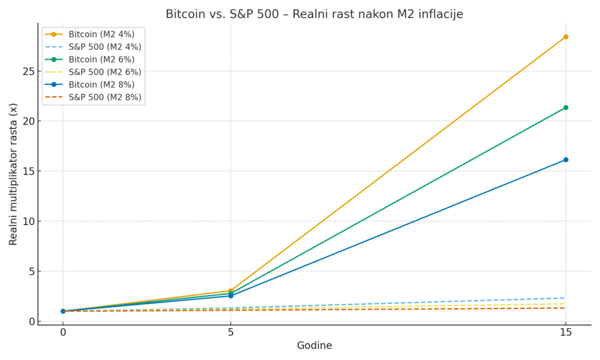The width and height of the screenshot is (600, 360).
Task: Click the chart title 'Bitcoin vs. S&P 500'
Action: pos(314,14)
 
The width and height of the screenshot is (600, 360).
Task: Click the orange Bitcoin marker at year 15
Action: pos(565,37)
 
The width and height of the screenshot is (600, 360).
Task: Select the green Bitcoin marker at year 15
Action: pos(565,108)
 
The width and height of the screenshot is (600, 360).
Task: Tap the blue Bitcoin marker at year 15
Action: pos(565,159)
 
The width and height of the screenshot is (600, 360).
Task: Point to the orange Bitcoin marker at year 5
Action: pos(231,291)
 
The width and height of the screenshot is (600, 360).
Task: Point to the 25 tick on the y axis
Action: pos(27,72)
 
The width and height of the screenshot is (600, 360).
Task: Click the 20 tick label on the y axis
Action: pos(27,121)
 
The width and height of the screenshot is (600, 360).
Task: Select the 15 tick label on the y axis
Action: pos(27,171)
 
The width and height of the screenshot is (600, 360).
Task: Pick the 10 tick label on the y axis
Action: pos(27,222)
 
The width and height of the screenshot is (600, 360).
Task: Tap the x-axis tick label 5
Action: pos(231,332)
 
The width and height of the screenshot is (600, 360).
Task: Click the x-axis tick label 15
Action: pos(565,332)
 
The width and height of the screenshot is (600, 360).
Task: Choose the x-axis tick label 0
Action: pos(63,332)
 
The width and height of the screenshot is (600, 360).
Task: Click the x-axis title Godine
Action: pos(314,346)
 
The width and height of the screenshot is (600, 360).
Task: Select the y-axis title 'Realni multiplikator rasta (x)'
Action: pos(13,174)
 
